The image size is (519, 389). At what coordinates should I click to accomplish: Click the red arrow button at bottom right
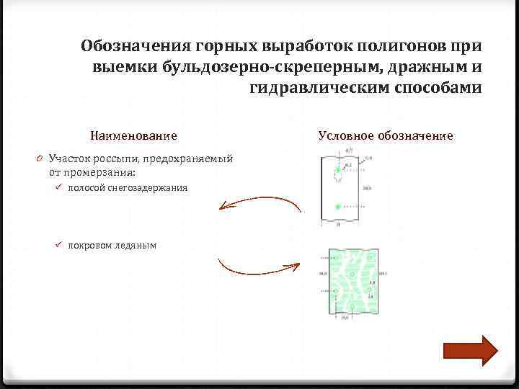click(470, 351)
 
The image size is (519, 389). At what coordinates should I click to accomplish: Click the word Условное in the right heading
click(345, 135)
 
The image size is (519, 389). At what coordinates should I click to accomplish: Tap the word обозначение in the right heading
click(414, 135)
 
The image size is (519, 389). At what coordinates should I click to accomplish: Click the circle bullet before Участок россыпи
click(43, 158)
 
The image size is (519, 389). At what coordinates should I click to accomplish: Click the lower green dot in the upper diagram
click(337, 207)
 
